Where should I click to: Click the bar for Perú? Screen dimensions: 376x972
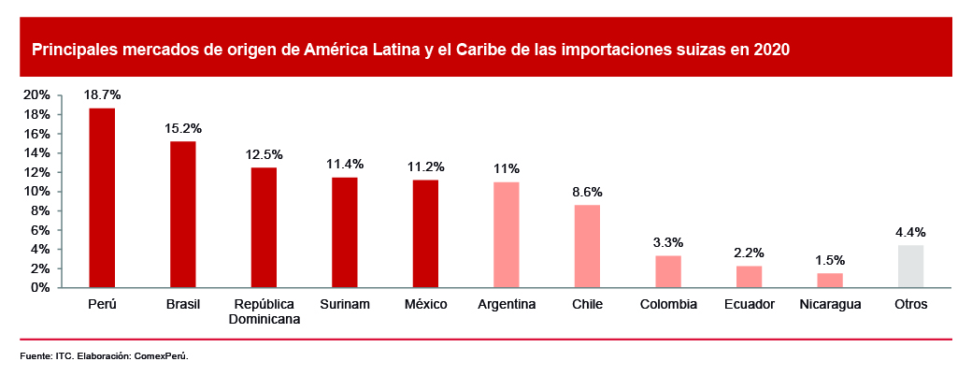(102, 197)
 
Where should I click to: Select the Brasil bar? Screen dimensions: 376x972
(182, 214)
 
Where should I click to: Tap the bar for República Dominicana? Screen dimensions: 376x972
(264, 227)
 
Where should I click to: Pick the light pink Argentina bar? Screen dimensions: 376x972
(507, 235)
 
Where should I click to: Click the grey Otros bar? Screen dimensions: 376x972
(910, 267)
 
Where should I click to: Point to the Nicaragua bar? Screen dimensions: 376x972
(830, 280)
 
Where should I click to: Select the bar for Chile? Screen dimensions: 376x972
(587, 246)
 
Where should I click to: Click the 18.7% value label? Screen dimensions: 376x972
(102, 94)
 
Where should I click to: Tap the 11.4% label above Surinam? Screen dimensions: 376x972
(345, 164)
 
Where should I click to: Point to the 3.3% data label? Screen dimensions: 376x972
(668, 242)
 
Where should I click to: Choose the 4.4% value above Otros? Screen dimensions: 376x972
(910, 232)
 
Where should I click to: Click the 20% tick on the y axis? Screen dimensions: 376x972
(36, 95)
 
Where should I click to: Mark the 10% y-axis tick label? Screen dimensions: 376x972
(36, 192)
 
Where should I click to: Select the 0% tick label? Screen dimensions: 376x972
(40, 287)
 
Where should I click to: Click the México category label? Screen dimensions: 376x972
(426, 304)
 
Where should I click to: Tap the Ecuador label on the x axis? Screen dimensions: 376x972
(749, 304)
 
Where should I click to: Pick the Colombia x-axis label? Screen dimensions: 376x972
(668, 304)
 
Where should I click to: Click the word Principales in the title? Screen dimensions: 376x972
(74, 51)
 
